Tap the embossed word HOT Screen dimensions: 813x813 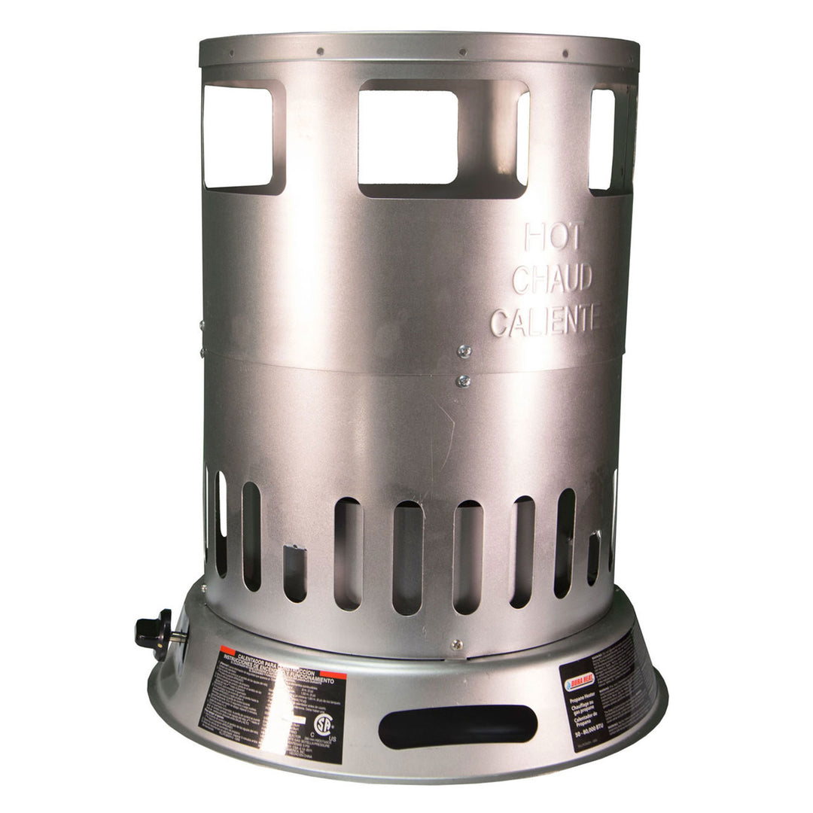552,237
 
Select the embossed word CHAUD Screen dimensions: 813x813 552,279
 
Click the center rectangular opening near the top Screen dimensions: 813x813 408,137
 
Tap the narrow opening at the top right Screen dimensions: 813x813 602,139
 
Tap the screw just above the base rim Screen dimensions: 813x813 455,645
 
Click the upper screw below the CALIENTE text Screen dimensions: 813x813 464,350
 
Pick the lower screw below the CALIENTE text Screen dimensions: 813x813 463,381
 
